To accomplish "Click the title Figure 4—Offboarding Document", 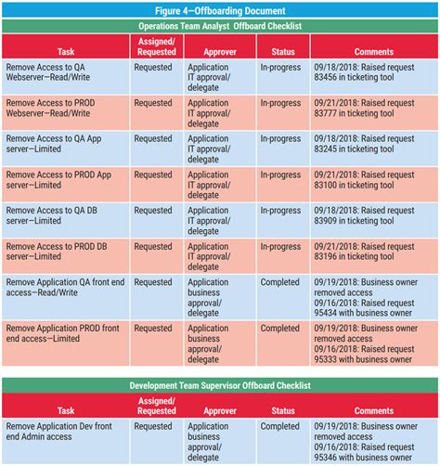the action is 220,9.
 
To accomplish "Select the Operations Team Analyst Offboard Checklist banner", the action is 220,26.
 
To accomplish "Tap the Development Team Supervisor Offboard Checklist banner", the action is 220,384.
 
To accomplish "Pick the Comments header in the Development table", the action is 373,409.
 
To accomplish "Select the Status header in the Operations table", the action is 283,52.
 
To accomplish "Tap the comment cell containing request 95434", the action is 373,296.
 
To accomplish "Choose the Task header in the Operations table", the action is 65,52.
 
